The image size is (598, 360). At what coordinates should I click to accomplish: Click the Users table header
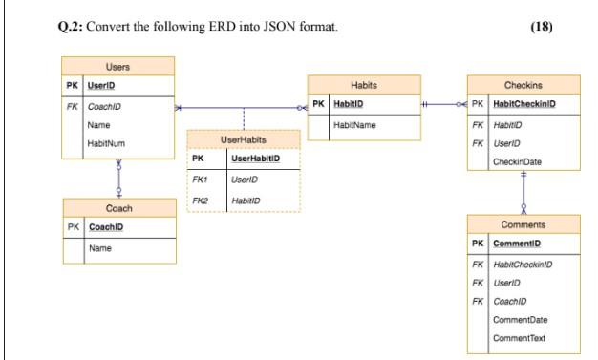(119, 66)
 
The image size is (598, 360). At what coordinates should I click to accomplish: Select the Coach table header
(119, 207)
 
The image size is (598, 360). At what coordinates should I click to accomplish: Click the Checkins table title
(523, 84)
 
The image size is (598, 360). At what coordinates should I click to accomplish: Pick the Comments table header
(523, 224)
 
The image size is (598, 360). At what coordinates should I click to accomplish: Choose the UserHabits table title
(243, 139)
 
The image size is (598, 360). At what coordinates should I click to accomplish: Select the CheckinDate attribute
(517, 161)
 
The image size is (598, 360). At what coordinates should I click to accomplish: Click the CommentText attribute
(517, 338)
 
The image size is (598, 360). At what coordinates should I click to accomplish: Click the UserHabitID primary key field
(254, 158)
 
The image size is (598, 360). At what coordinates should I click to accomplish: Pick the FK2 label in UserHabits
(200, 200)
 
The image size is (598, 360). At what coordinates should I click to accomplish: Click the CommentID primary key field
(513, 244)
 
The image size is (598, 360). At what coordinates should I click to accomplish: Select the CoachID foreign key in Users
(102, 106)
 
